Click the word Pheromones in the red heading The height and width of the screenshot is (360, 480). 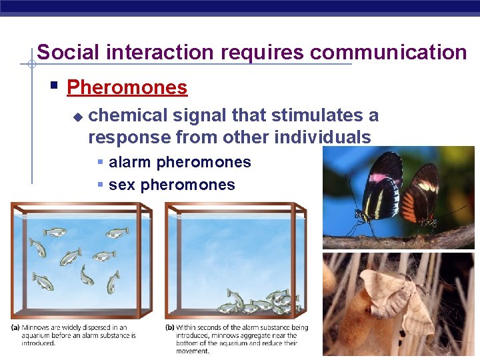127,87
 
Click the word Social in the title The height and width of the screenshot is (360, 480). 63,52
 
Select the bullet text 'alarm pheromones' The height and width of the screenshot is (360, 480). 179,162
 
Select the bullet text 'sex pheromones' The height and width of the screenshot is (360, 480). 171,185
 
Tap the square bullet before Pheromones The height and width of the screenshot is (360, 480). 55,87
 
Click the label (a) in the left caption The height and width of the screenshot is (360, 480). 15,327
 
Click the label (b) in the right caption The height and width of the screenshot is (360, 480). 171,327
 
